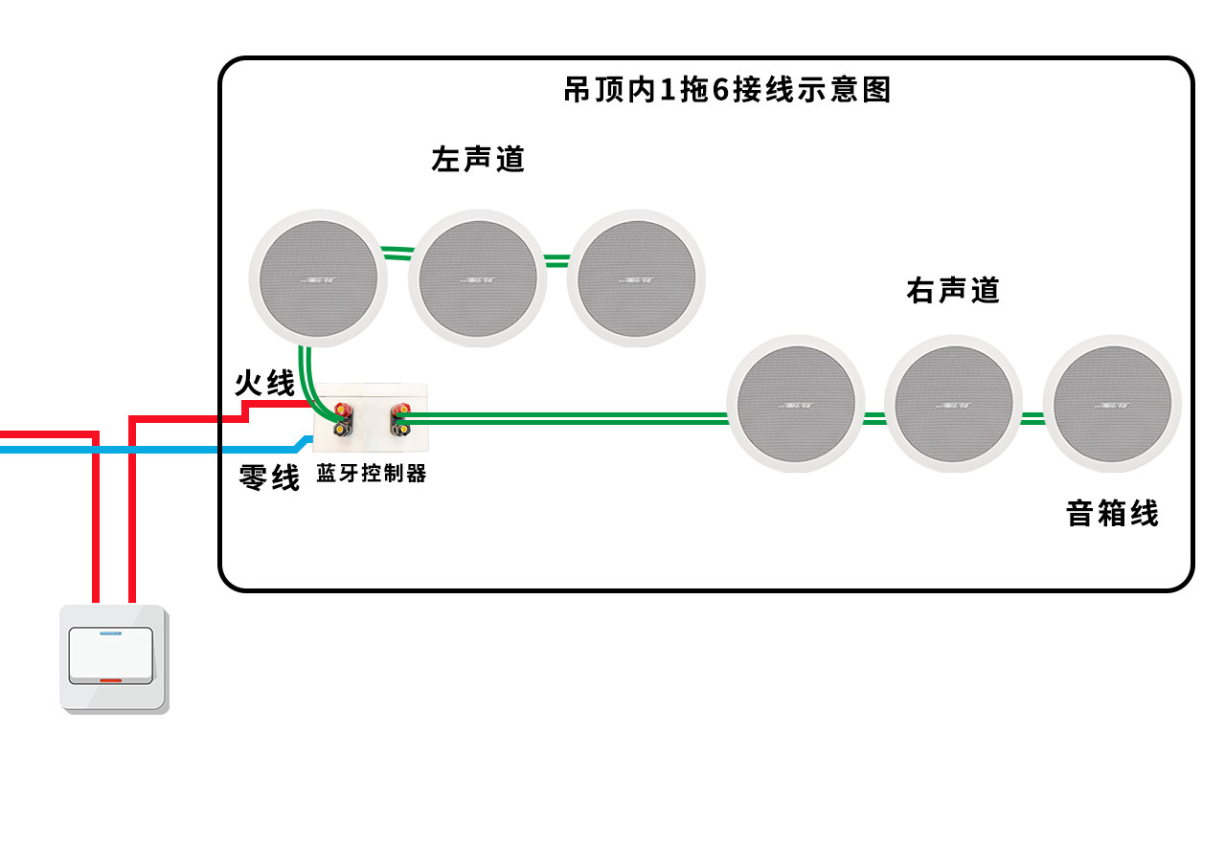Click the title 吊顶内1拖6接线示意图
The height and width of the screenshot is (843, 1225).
tap(728, 90)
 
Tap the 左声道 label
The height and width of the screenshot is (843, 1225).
tap(478, 159)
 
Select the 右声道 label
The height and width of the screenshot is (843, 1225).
tap(952, 290)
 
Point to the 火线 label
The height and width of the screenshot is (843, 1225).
tap(265, 384)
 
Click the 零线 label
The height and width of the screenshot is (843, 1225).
tap(269, 477)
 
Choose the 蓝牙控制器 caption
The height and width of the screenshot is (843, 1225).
tap(371, 474)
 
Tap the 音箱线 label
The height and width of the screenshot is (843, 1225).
tap(1112, 514)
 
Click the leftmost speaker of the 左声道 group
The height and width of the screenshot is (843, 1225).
tap(319, 278)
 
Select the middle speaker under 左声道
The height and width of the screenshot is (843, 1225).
tap(478, 278)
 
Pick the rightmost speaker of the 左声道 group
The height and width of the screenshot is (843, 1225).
tap(636, 278)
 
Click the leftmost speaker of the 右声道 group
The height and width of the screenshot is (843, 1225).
tap(796, 404)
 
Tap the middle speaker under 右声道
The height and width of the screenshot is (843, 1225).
tap(953, 404)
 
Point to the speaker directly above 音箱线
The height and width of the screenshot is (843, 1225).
tap(1111, 404)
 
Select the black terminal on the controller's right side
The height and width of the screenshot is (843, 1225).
tap(399, 430)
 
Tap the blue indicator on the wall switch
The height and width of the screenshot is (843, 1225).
tap(109, 633)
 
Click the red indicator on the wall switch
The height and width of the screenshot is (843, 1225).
tap(109, 680)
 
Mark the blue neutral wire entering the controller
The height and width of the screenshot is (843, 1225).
tap(192, 448)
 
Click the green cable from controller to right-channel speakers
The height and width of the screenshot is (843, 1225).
tap(565, 418)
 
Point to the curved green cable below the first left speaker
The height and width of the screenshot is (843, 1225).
tap(308, 378)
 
